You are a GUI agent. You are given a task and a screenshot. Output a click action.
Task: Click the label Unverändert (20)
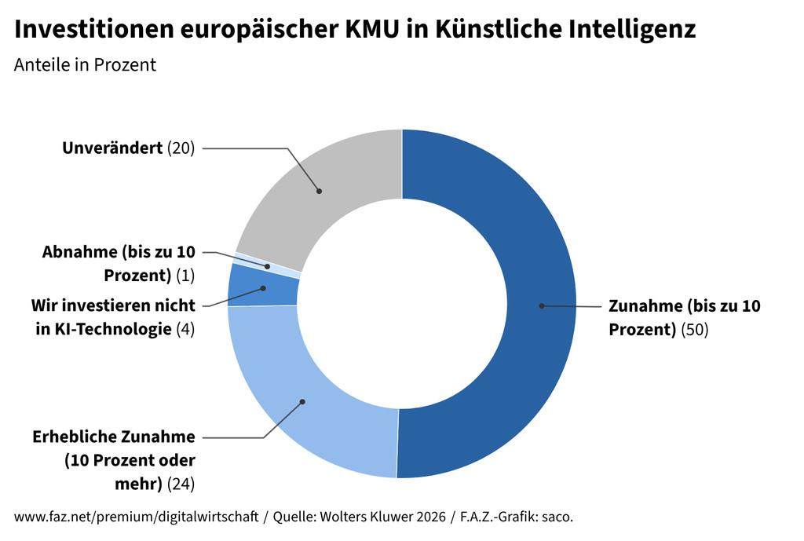(128, 148)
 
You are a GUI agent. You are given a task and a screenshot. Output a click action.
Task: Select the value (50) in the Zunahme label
(694, 330)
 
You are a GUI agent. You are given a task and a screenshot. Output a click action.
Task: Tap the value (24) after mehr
(181, 483)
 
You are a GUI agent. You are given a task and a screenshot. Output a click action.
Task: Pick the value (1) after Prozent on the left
(185, 276)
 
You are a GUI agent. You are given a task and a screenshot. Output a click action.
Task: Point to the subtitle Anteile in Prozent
(85, 65)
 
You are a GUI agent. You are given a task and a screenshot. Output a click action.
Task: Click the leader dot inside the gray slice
(319, 190)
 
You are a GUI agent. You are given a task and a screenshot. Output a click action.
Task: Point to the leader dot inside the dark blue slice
(541, 305)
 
